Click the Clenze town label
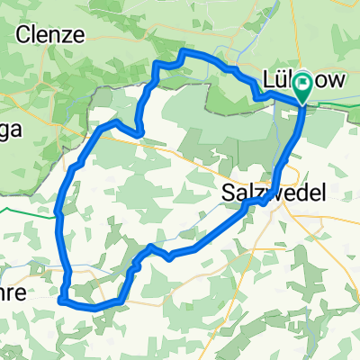pos(50,35)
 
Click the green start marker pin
pos(303,86)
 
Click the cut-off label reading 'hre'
pos(14,294)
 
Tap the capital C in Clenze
pos(24,35)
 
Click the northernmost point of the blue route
pos(184,54)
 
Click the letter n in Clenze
pos(57,35)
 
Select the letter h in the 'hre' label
pos(8,294)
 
